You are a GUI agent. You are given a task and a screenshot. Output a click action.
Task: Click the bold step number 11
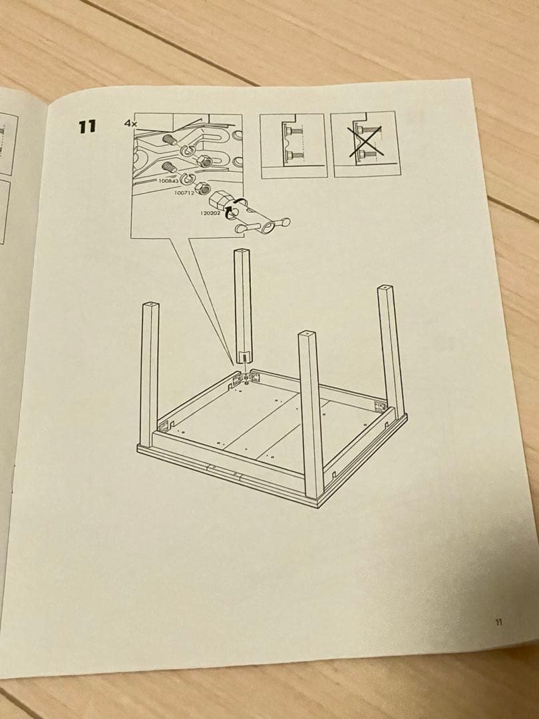coord(87,126)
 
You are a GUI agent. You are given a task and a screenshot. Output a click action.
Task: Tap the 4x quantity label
coord(129,123)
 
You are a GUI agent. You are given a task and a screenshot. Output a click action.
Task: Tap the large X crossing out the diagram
coord(365,142)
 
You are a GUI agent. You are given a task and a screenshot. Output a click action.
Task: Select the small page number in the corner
coord(498,622)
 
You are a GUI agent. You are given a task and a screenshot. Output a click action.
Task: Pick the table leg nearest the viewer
coord(311,413)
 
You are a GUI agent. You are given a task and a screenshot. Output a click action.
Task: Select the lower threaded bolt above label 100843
coord(168,166)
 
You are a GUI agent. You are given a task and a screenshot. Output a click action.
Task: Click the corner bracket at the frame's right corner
coord(380,407)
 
